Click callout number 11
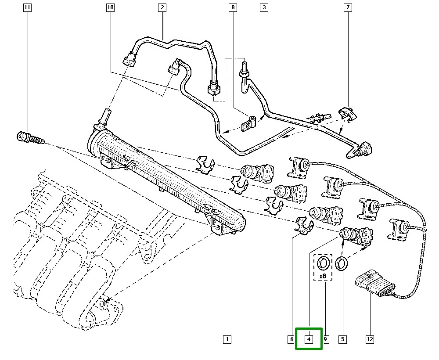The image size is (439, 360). point(27,8)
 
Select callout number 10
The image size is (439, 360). point(110,8)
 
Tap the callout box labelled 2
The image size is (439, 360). point(162,8)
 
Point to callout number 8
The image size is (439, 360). point(233,8)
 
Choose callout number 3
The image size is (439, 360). point(263,8)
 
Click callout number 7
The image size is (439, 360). point(348,8)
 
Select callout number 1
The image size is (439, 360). point(227,339)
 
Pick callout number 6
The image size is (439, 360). point(291,339)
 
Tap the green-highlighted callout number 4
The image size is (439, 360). point(309,339)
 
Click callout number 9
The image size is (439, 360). point(326,339)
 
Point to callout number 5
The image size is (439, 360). point(342,339)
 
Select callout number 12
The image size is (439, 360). point(370,339)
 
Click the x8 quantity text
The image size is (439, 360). point(323,276)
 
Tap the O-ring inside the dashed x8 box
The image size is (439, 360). point(323,263)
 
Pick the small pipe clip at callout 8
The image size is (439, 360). point(252,123)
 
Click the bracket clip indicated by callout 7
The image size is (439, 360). point(349,114)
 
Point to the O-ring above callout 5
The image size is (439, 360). point(342,263)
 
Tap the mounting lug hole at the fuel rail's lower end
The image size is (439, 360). point(217,228)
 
